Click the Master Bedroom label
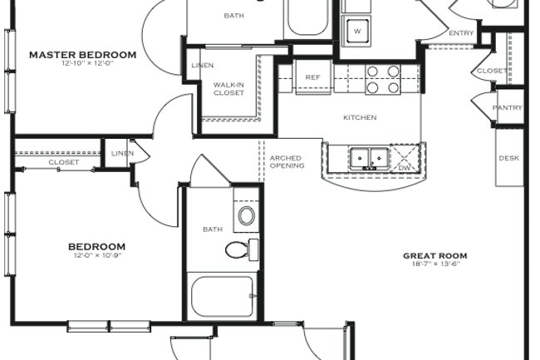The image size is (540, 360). (82, 55)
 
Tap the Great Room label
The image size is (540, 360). (434, 256)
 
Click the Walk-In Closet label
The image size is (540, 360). (228, 88)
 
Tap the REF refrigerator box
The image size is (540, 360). (312, 77)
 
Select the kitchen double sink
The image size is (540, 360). (369, 157)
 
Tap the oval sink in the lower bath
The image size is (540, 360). (247, 217)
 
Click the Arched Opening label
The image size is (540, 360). (287, 161)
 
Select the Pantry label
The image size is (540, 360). (507, 108)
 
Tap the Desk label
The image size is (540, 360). (508, 158)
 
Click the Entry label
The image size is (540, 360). (461, 33)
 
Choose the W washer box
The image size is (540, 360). (357, 32)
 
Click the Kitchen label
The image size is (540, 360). (360, 117)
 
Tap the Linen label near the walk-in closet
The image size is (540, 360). (202, 66)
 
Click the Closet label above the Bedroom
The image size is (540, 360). (63, 162)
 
